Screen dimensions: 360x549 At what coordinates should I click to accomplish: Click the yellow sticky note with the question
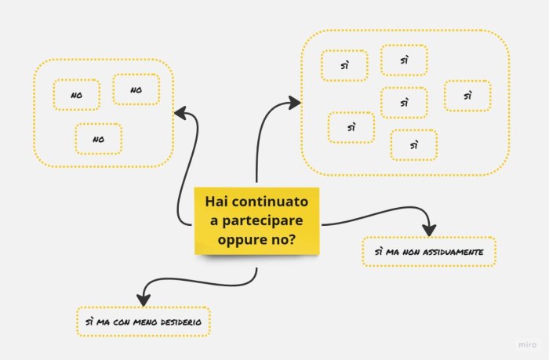(256, 220)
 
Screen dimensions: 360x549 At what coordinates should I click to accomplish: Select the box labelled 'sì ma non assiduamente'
(429, 252)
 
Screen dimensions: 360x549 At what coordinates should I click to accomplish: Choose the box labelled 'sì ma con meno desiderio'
(143, 322)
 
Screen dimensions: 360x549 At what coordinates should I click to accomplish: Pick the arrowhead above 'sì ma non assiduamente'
(429, 228)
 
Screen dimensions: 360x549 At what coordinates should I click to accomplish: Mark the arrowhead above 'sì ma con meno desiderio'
(143, 298)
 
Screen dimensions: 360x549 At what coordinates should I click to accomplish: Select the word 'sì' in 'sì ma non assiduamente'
(379, 252)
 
